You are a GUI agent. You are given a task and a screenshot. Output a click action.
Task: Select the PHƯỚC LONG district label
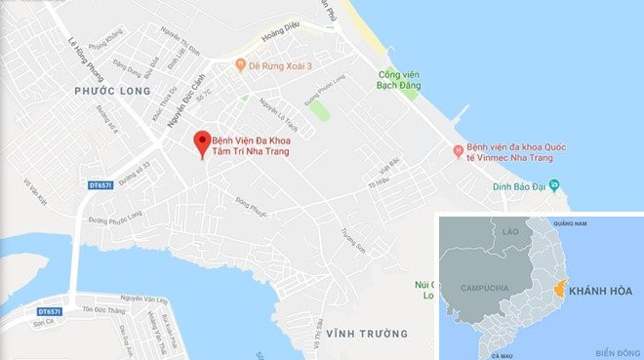[107, 91]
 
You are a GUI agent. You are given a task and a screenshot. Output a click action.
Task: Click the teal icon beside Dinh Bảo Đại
[553, 182]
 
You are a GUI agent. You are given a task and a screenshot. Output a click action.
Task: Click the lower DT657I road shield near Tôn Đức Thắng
[49, 312]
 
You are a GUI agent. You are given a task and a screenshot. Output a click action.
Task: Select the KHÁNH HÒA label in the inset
[600, 291]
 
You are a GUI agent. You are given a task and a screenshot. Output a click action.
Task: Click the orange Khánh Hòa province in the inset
[558, 290]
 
